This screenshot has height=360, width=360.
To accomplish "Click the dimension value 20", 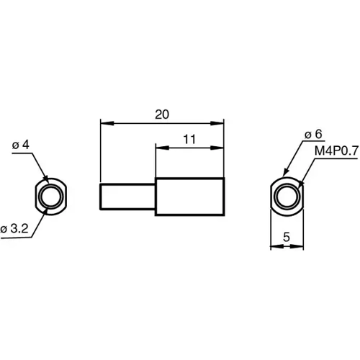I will [x=161, y=114].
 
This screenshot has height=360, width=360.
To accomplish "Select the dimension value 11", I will [x=189, y=140].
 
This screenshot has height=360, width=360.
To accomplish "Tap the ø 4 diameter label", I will [x=21, y=145].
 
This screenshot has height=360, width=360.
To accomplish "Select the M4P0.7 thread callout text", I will [x=335, y=151].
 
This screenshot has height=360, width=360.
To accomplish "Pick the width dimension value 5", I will [x=287, y=235].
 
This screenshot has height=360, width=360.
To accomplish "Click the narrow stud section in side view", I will [x=127, y=197].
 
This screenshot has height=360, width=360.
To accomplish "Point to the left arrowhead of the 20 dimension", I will [x=104, y=122].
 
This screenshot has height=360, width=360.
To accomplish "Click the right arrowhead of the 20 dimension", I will [x=219, y=122].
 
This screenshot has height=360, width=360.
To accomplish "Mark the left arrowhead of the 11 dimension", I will [x=160, y=148].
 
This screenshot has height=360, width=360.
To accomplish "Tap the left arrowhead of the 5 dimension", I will [x=274, y=246].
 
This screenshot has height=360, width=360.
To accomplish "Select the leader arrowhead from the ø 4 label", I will [x=45, y=179].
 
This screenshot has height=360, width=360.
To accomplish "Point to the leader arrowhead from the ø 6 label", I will [x=282, y=177].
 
